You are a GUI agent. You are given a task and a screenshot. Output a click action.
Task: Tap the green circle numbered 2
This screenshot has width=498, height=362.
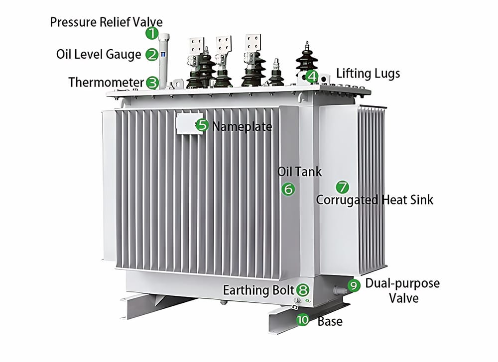click(151, 55)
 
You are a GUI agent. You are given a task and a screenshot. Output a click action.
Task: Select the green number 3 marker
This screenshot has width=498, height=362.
click(152, 83)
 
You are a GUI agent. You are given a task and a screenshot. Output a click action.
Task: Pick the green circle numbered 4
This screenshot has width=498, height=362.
click(312, 76)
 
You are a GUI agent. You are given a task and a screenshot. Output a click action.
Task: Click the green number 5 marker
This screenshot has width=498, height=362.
click(202, 125)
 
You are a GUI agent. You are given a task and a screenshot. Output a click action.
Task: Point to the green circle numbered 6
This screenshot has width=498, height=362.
click(288, 189)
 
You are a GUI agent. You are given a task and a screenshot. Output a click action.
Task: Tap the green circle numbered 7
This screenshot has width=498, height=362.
click(342, 187)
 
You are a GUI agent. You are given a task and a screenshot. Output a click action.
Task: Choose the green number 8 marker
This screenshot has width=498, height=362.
click(302, 290)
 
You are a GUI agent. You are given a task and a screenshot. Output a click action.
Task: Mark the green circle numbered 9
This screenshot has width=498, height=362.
click(353, 285)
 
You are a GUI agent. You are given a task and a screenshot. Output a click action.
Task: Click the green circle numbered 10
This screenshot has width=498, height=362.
click(303, 320)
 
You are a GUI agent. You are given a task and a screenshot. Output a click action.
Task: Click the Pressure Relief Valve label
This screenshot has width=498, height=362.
click(107, 22)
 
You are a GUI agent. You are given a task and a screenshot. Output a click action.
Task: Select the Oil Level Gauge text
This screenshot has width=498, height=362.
click(99, 54)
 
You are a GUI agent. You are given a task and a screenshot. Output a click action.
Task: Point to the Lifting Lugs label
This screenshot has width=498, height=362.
click(368, 74)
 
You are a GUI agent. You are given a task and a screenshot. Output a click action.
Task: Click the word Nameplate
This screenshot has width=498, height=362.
click(242, 126)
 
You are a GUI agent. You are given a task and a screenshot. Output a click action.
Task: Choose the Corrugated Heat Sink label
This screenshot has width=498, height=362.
click(374, 200)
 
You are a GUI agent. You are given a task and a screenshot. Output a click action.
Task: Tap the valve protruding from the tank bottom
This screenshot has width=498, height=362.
click(340, 289)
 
